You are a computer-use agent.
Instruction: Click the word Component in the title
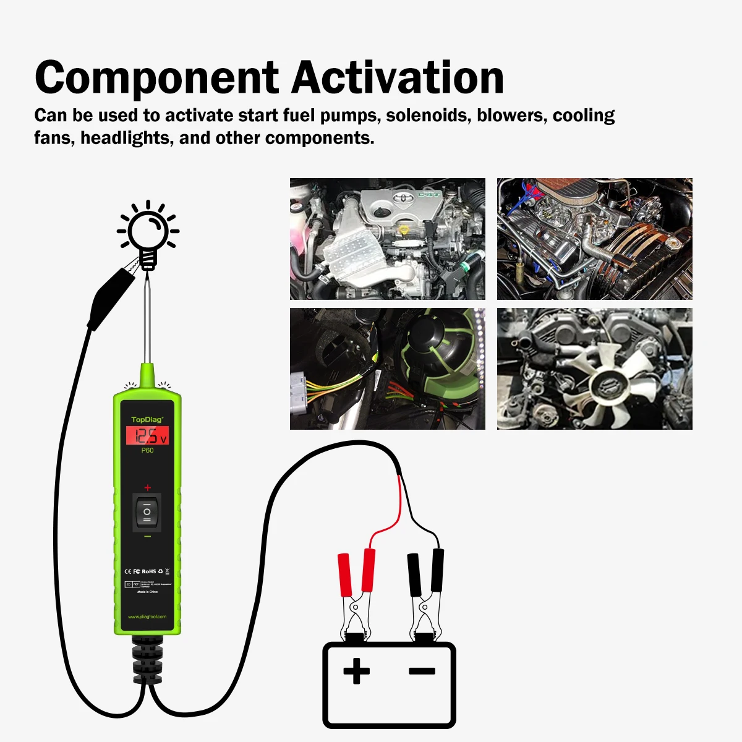pyautogui.click(x=157, y=79)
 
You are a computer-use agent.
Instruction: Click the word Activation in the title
pyautogui.click(x=398, y=77)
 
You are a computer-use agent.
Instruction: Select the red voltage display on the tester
pyautogui.click(x=147, y=436)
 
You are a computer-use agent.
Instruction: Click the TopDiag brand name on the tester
pyautogui.click(x=147, y=420)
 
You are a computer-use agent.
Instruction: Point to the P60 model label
pyautogui.click(x=147, y=451)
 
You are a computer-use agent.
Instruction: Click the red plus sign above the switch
pyautogui.click(x=147, y=488)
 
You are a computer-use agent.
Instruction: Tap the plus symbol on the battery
pyautogui.click(x=356, y=671)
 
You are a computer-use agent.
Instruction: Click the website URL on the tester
pyautogui.click(x=147, y=616)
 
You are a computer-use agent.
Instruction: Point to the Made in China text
pyautogui.click(x=147, y=592)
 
